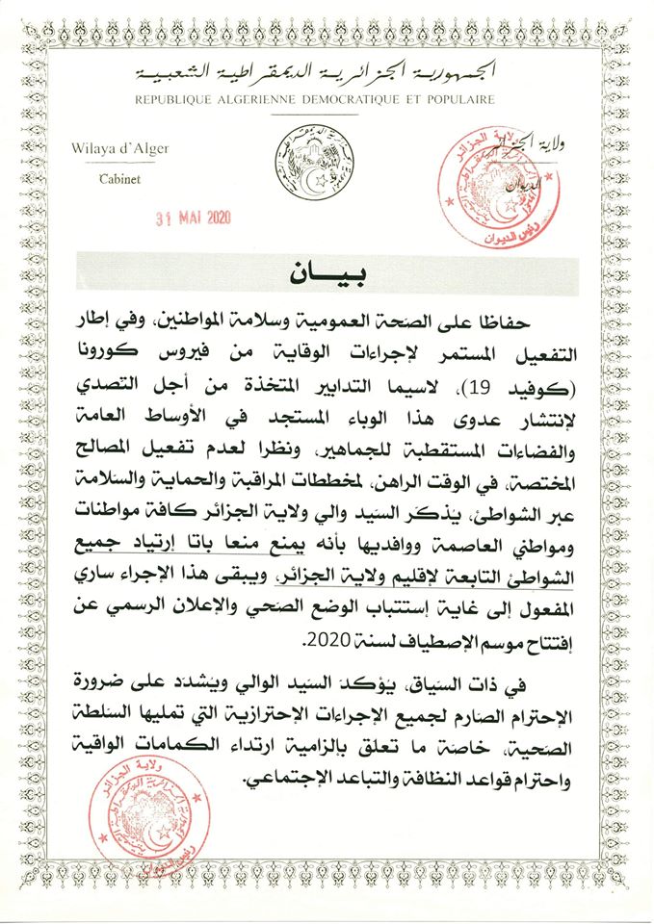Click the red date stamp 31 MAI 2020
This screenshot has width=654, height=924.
196,217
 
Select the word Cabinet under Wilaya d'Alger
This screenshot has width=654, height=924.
118,180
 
